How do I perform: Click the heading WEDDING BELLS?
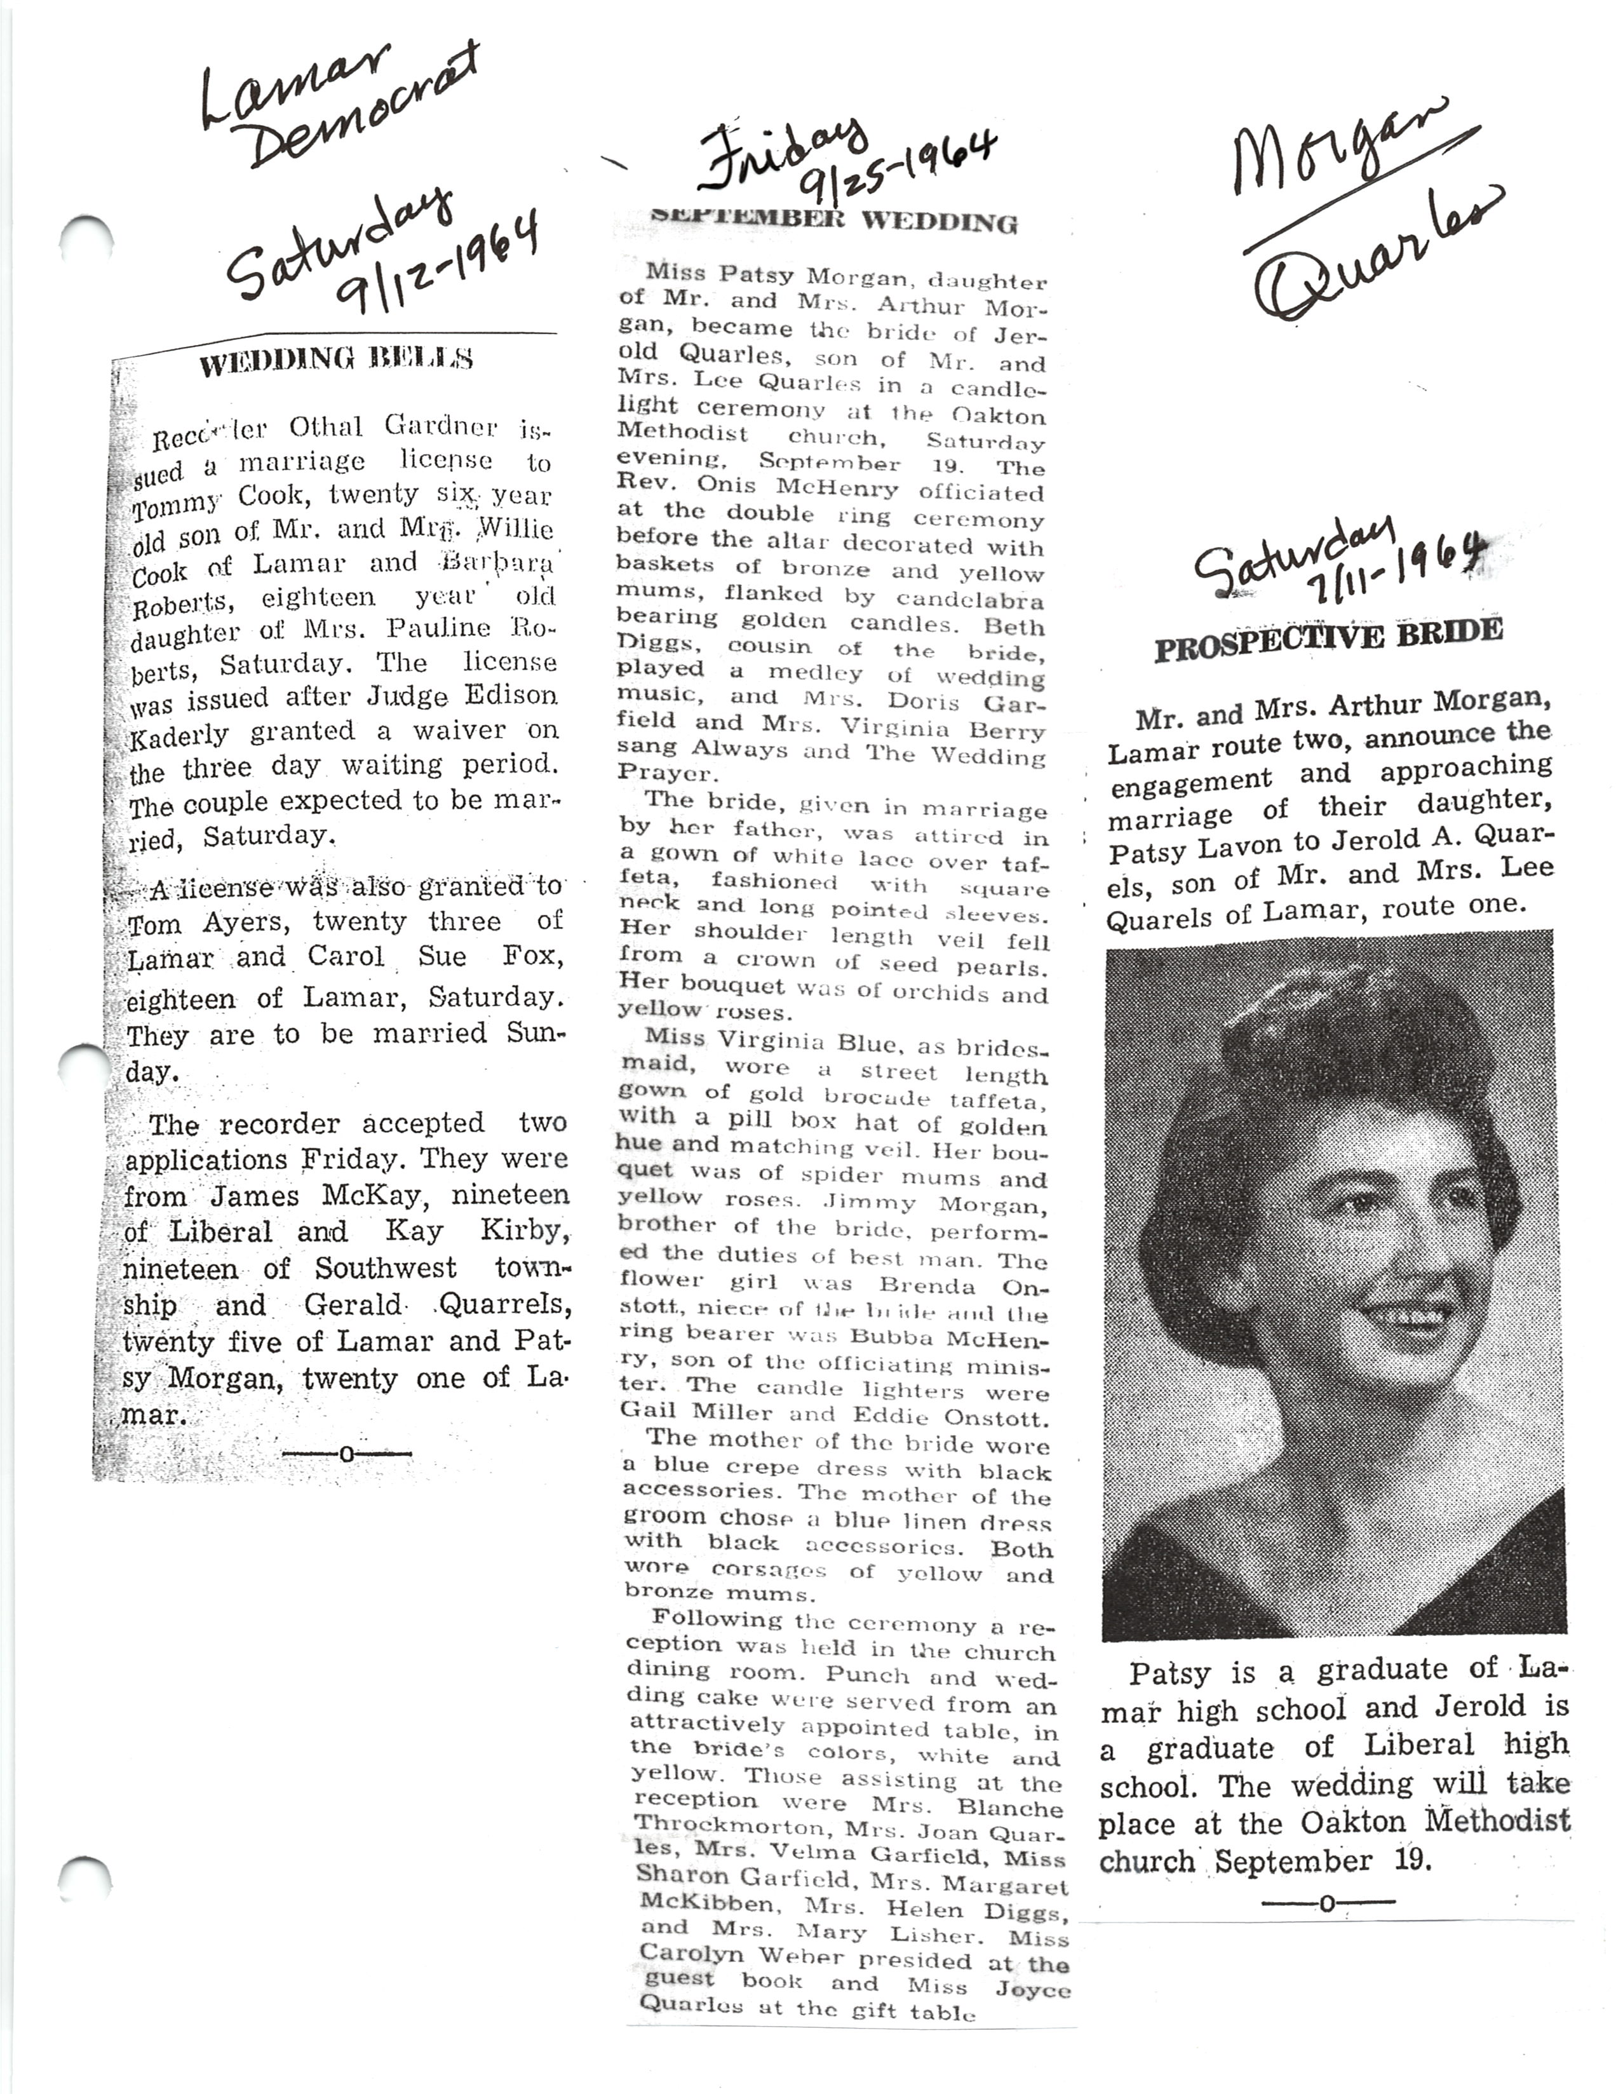(335, 361)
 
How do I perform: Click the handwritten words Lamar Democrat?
(335, 105)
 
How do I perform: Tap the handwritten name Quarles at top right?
(1380, 259)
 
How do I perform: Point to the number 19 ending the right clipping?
(1413, 1860)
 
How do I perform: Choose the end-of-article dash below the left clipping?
(347, 1454)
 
